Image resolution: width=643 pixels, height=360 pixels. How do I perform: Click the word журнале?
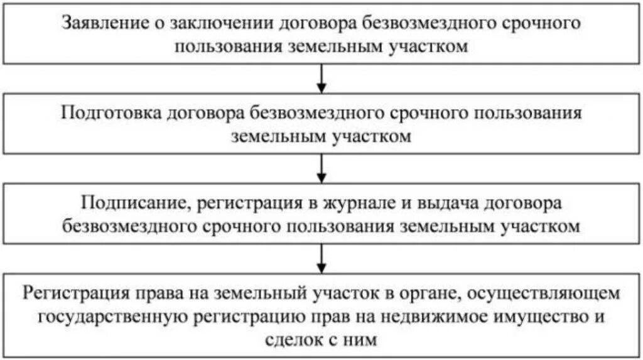point(369,204)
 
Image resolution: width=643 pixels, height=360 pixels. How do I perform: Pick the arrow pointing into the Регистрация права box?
point(321,257)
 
